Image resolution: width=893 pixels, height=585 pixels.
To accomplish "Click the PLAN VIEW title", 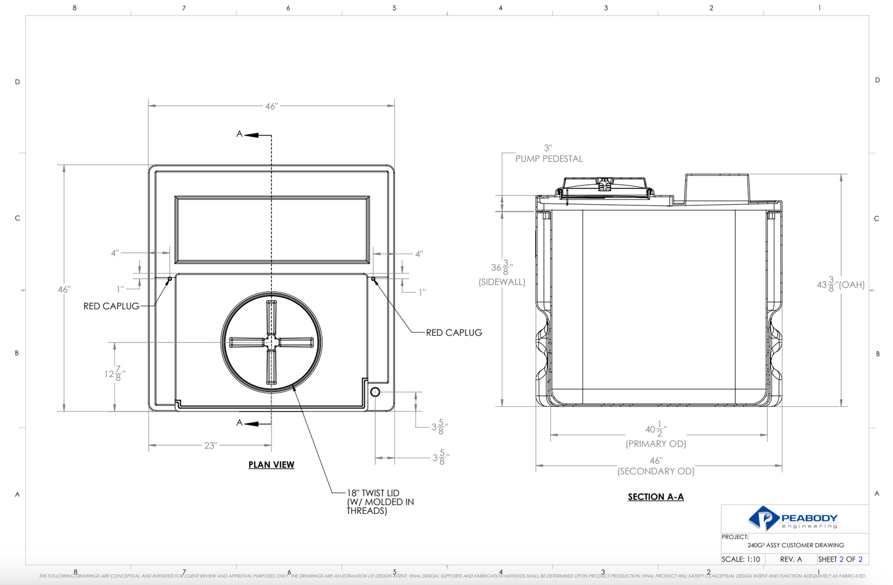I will coord(271,464).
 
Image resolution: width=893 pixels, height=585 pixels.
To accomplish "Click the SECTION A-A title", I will coord(655,497).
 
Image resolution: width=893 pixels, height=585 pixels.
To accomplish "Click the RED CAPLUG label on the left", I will coord(111,306).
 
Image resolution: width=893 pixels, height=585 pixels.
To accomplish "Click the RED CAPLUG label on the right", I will coord(454,333).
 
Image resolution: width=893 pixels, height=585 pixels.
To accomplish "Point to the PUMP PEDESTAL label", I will coord(549,159).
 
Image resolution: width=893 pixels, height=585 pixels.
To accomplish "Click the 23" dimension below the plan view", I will coord(210,445).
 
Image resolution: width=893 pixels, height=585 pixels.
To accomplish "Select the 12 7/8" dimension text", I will coord(115,374).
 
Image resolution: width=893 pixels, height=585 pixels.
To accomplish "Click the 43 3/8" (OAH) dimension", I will coord(840,284).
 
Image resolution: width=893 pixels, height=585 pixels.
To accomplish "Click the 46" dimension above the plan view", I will coord(271,106).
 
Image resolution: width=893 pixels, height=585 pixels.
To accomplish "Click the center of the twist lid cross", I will coord(271,342).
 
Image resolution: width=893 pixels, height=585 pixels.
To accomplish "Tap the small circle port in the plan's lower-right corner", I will coord(375,392).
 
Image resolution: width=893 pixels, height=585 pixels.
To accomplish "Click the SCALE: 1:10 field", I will coord(740,559).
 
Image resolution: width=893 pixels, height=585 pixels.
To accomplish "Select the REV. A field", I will coord(790,559).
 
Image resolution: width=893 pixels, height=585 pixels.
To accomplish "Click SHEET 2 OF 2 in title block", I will coord(840,559).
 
